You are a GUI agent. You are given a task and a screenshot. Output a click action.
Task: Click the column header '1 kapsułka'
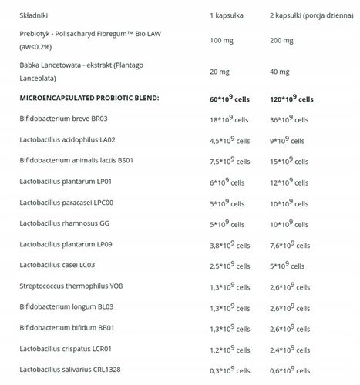(x=227, y=15)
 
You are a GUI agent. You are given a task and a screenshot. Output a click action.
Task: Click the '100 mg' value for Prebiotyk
(x=222, y=42)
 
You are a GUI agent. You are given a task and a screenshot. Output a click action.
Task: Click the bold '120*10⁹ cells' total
(x=292, y=99)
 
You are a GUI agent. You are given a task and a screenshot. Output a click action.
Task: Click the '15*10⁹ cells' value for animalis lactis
(x=290, y=162)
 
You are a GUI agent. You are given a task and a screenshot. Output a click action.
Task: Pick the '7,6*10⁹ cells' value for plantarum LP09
(x=292, y=246)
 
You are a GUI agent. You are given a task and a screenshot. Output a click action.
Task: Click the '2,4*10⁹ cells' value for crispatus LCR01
(x=292, y=350)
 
